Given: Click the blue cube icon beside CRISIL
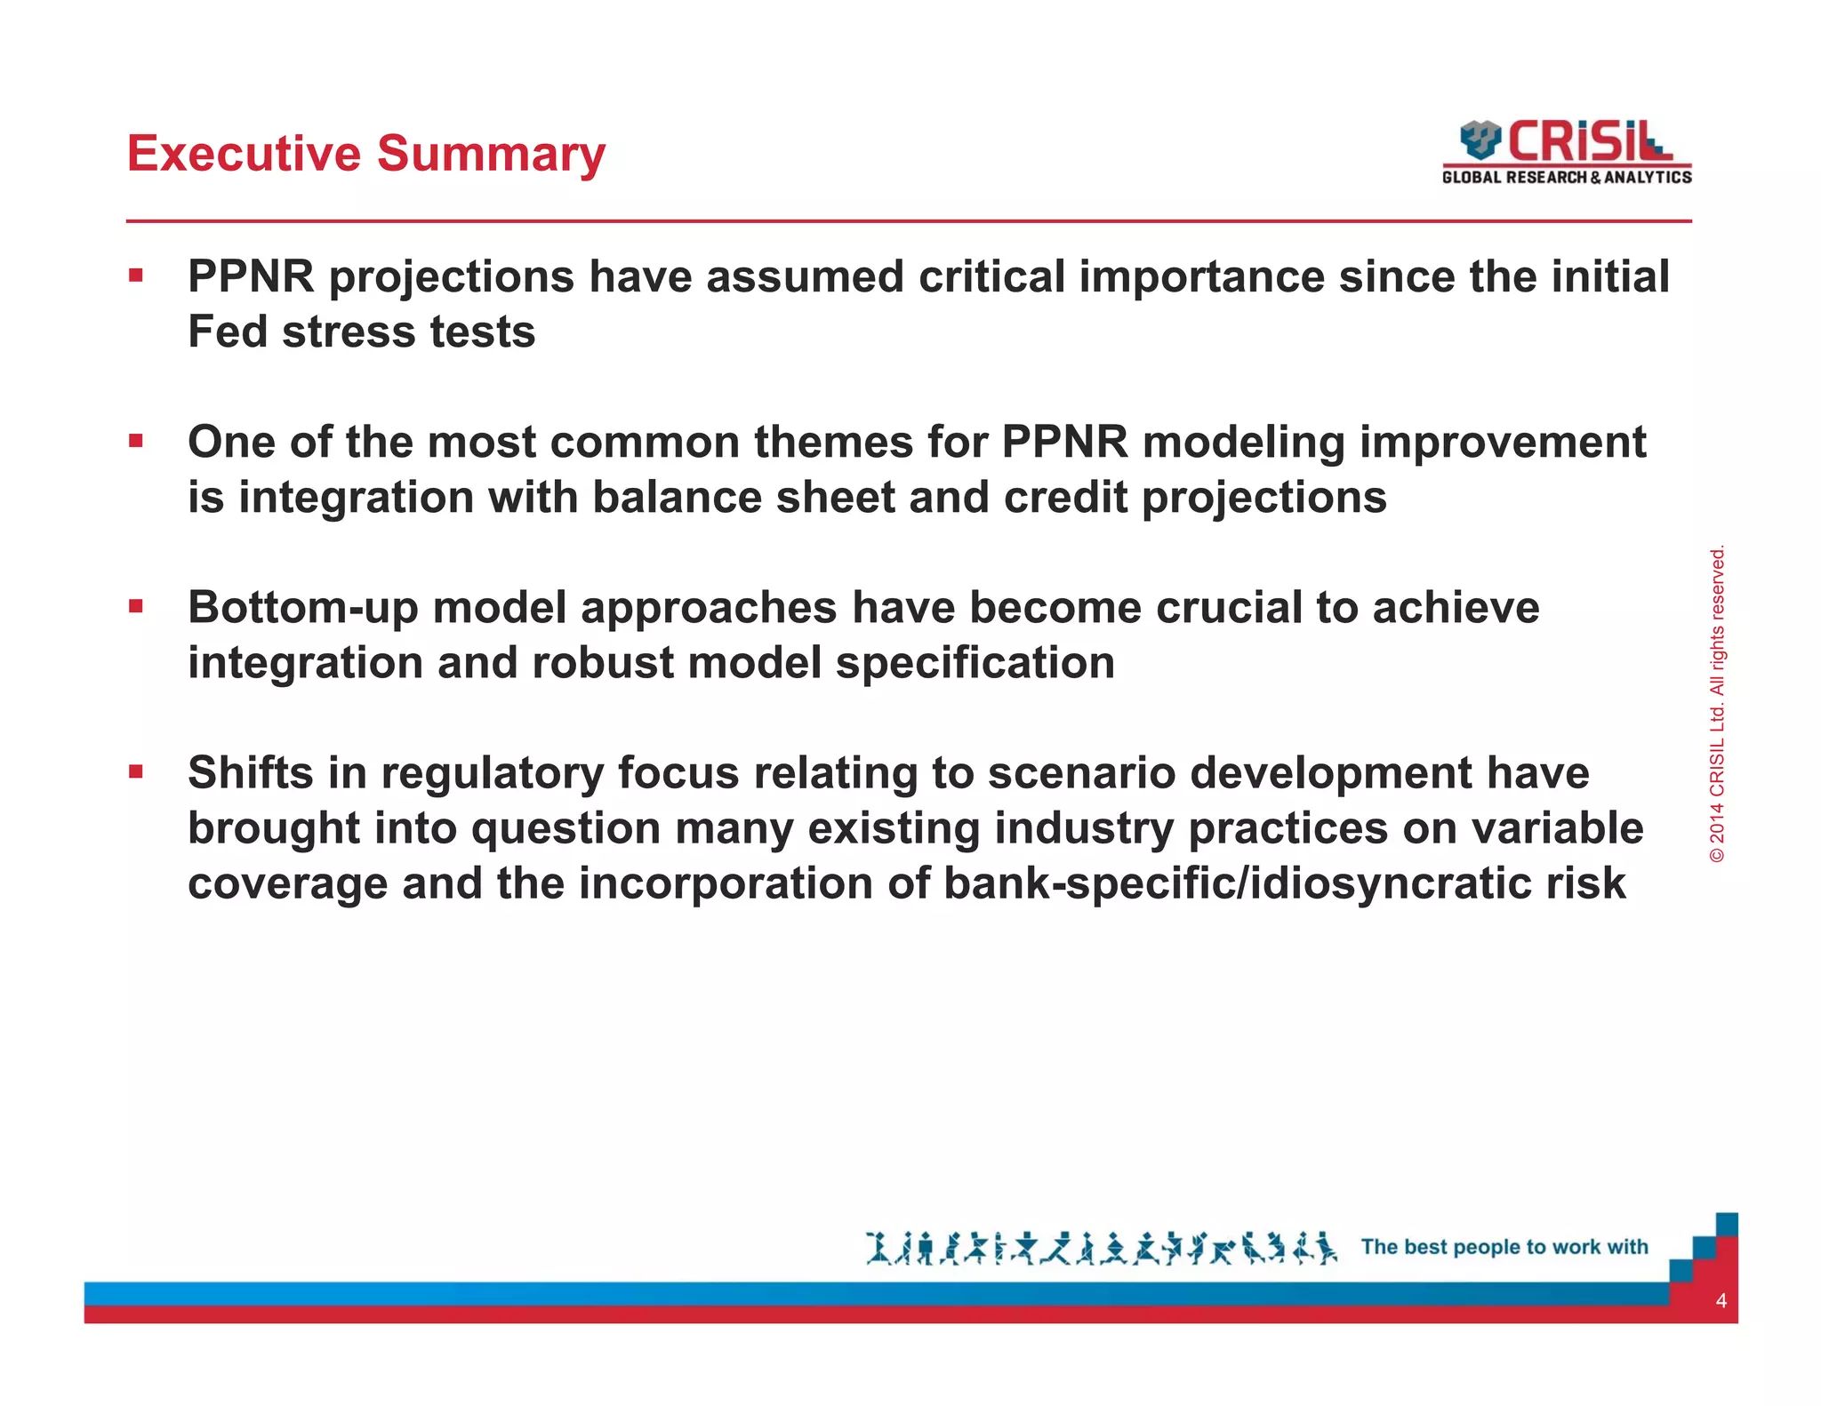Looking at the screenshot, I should tap(1480, 140).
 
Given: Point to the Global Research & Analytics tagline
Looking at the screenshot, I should tap(1567, 178).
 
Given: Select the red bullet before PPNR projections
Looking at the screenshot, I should tap(135, 276).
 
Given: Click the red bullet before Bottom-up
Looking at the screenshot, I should tap(135, 607).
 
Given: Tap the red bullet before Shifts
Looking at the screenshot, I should tap(135, 771).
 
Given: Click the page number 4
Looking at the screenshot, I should tap(1721, 1301).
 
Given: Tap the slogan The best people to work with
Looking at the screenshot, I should tap(1504, 1247).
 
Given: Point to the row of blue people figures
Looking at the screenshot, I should tap(1101, 1248).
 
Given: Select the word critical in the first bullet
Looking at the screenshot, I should tap(991, 276).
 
